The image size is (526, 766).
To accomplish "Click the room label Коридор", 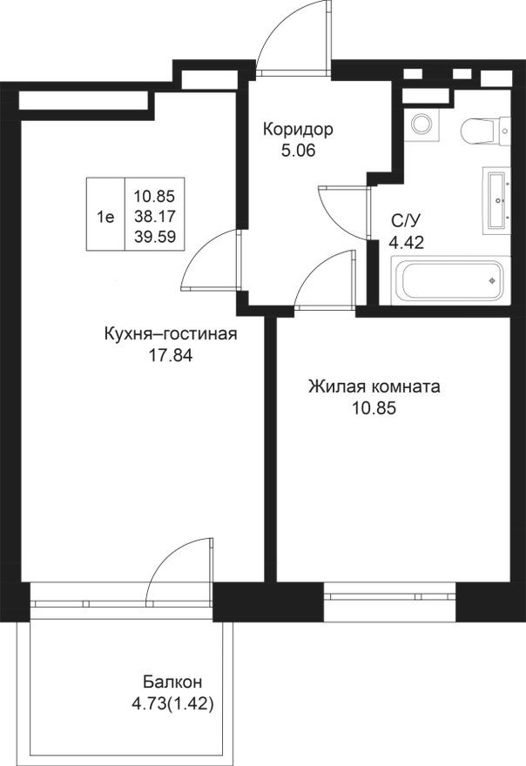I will coord(298,130).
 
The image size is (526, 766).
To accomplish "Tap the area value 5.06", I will coord(297,150).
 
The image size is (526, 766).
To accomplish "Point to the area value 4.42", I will coord(405,243).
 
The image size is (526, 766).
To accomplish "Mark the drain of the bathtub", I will coord(494,281).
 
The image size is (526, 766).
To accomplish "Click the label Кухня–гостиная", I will coord(170,334).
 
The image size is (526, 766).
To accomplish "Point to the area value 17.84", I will coord(170,354).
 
